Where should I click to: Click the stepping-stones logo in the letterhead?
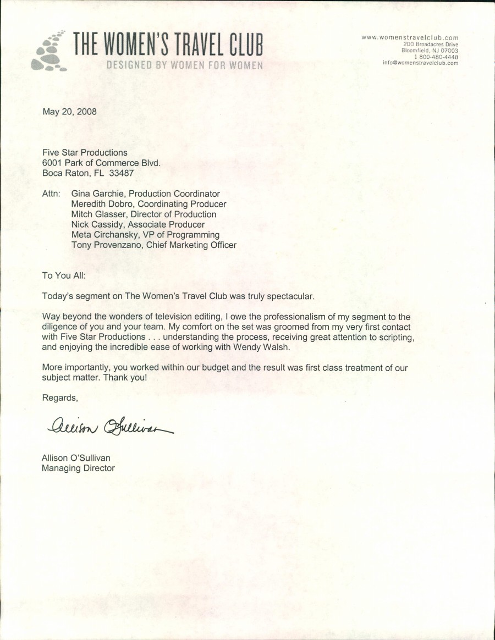49,52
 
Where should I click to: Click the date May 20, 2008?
69,111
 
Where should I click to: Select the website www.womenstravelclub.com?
410,37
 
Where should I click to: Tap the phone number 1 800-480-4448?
436,57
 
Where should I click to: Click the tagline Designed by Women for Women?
184,65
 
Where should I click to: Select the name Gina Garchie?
97,194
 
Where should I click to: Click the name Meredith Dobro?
103,204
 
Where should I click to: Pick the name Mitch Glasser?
98,214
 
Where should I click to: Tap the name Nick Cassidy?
97,224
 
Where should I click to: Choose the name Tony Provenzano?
106,245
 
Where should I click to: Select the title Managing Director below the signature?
78,468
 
